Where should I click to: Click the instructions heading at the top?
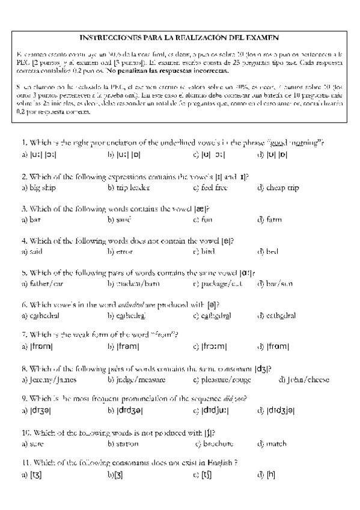[178, 37]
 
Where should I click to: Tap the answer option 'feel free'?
[214, 188]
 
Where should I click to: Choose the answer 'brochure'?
[217, 444]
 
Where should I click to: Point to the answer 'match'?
[276, 444]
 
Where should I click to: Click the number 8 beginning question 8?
[23, 369]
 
